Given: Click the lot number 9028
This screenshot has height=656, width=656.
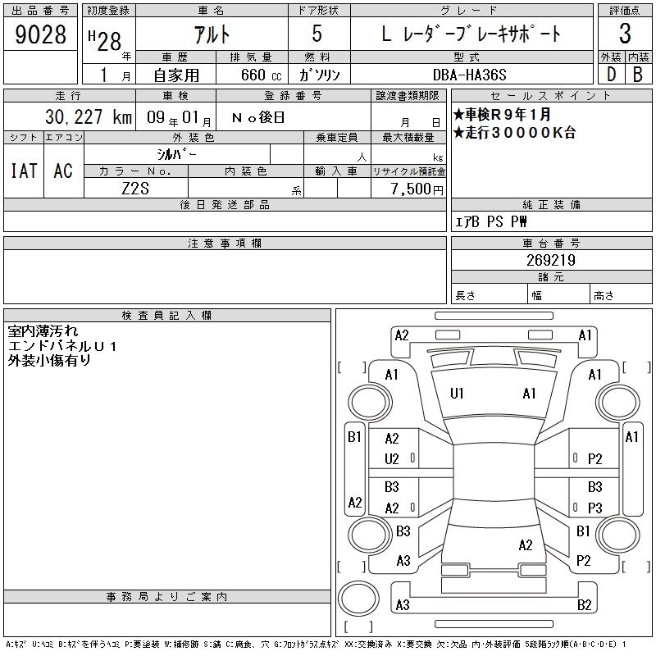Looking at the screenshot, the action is (40, 34).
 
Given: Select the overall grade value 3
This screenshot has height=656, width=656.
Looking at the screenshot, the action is (625, 34).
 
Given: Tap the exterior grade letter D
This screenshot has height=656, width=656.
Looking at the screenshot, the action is (611, 75).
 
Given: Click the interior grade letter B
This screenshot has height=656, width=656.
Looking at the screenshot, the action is (638, 75).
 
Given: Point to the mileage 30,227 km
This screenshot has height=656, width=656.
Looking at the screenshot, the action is (89, 116).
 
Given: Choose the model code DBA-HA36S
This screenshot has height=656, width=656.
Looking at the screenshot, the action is (469, 75).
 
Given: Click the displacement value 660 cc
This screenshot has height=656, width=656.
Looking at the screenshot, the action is (261, 75).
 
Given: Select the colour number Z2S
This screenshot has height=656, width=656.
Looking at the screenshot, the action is (135, 189).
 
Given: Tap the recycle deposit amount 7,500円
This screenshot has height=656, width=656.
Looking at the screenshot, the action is (417, 189).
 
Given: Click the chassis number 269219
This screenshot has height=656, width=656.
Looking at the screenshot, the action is (551, 260).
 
